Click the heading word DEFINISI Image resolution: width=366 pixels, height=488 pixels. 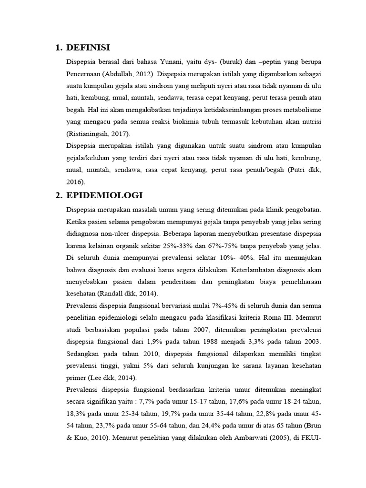(88, 47)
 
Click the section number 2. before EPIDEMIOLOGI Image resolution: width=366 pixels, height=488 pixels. (59, 196)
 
